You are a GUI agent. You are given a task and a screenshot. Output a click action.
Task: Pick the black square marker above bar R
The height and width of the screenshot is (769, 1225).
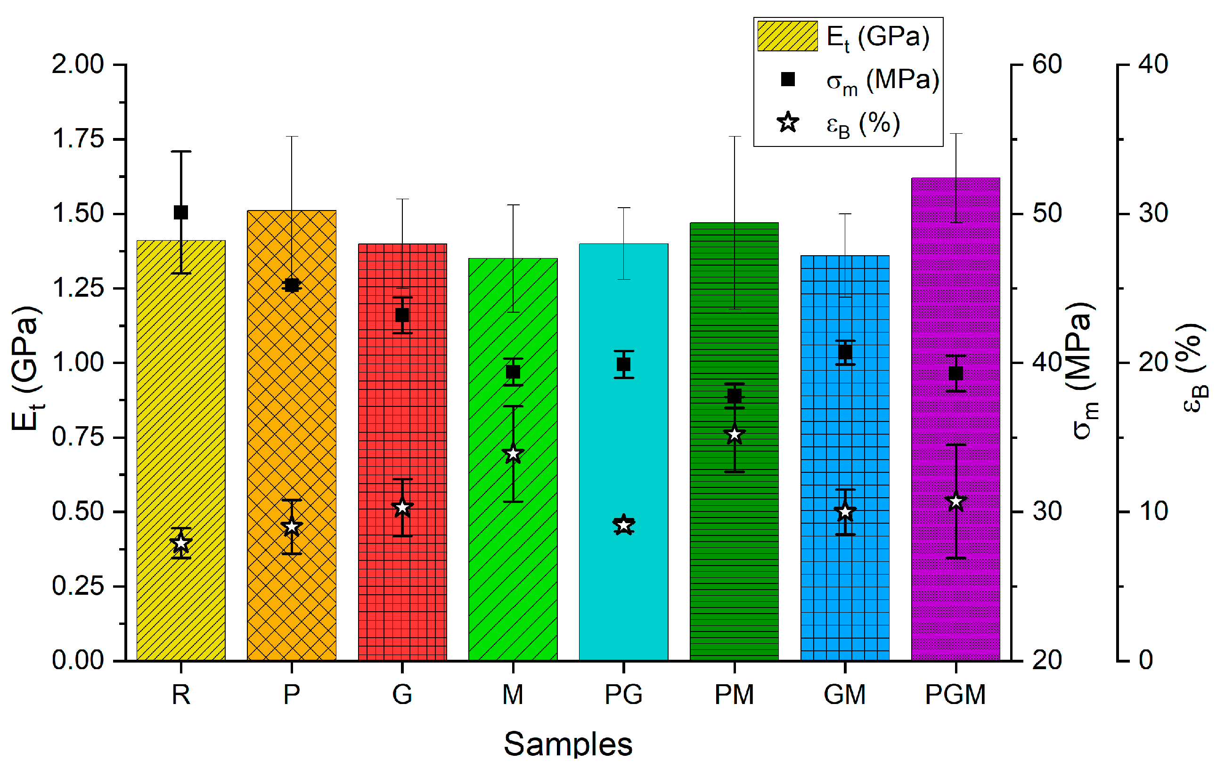coord(180,212)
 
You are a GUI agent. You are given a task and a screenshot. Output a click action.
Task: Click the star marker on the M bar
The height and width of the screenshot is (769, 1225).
coord(513,454)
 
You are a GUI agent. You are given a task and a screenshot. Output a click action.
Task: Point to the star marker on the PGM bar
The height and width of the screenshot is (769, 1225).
coord(956,502)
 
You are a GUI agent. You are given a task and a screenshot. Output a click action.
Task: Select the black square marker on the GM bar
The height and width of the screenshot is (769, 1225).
coord(845,352)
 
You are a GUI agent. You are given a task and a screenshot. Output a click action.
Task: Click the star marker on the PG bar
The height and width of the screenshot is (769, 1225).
coord(624,525)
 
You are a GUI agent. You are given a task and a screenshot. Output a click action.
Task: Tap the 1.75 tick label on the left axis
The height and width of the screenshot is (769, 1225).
coord(78,139)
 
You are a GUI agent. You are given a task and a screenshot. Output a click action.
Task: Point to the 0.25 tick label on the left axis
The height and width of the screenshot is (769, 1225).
coord(78,586)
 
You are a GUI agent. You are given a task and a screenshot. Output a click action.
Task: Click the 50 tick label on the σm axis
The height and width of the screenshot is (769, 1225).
coord(1047,213)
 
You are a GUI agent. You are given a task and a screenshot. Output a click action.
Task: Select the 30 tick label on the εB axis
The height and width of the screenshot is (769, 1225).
coord(1153,213)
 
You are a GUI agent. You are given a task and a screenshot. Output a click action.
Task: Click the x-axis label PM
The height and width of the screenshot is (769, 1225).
coord(734,694)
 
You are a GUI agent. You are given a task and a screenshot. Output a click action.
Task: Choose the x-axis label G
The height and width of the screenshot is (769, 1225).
coord(402,694)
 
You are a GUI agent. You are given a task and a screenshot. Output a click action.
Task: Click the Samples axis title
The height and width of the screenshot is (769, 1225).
coord(568,744)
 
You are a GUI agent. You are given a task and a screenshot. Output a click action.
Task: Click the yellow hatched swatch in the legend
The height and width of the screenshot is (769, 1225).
coord(787,36)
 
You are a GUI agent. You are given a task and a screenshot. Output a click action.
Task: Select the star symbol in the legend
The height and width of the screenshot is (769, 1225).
coord(787,122)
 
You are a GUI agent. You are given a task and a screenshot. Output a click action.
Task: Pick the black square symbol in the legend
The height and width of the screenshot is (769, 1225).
coord(787,79)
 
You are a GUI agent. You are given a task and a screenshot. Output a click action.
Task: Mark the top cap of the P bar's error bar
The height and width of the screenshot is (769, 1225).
coord(292,136)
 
